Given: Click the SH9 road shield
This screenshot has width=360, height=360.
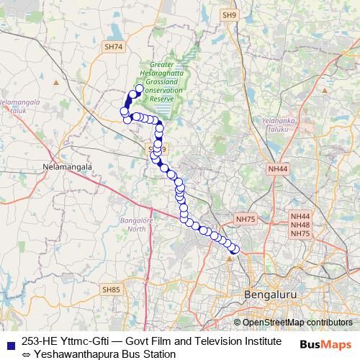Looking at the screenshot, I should click(x=229, y=14).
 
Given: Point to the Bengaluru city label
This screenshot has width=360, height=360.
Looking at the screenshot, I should click(x=268, y=294).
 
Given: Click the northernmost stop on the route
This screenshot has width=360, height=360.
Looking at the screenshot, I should click(x=139, y=89).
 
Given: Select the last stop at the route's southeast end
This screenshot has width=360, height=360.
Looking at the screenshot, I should click(x=235, y=250).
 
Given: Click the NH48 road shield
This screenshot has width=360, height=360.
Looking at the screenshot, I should click(x=300, y=225).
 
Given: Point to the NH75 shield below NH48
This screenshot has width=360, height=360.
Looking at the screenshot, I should click(x=300, y=233).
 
